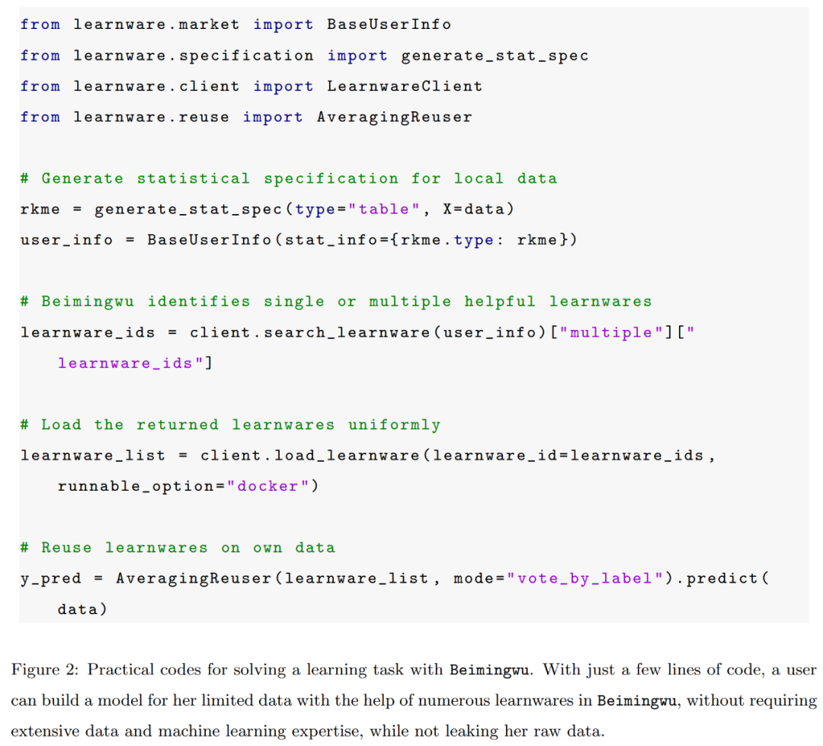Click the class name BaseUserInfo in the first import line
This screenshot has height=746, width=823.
[x=389, y=24]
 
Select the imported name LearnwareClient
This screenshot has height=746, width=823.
[x=404, y=86]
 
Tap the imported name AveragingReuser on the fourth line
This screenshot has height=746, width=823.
[x=394, y=117]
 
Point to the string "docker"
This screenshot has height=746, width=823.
[x=267, y=486]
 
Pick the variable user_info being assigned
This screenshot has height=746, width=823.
[x=66, y=241]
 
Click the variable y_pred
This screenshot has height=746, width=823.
[x=51, y=579]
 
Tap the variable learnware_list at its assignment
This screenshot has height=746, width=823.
[x=93, y=456]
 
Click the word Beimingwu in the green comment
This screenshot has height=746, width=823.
[x=88, y=302]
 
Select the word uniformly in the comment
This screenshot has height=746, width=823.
[x=394, y=424]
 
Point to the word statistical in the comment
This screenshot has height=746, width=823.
[x=193, y=178]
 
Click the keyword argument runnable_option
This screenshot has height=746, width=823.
[x=136, y=487]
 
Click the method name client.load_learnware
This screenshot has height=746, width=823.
[x=309, y=455]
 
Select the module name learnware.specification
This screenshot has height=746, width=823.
[x=193, y=56]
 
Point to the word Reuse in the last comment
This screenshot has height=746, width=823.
[x=66, y=548]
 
